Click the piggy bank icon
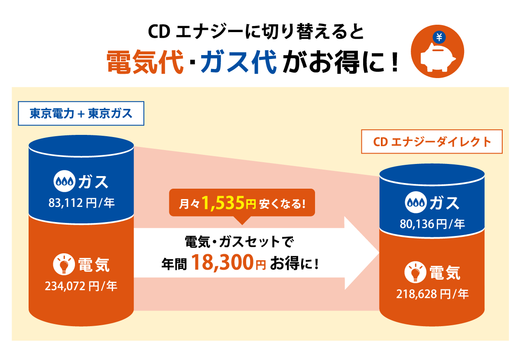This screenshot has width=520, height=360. point(438,57)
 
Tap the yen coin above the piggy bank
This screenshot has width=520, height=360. point(439,37)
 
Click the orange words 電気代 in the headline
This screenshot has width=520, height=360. point(145,62)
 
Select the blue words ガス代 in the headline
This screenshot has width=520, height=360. point(239,62)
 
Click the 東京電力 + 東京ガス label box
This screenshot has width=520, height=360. point(81,113)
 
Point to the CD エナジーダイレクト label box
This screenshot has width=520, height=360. point(432,141)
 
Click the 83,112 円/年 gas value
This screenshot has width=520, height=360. point(81,203)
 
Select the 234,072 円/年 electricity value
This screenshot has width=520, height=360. point(81,286)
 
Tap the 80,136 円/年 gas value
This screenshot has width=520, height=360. point(432,224)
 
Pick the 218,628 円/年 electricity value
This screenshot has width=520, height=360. point(432,294)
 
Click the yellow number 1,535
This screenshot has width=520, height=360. point(223,203)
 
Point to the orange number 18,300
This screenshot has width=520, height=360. point(222,262)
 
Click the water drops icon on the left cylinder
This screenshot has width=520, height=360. point(64,181)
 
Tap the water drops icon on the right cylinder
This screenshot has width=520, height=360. point(416,203)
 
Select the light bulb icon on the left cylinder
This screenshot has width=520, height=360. point(64,264)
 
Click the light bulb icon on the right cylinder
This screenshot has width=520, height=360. point(415,272)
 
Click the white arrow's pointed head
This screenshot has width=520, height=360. point(379,253)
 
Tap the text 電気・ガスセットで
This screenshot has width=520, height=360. point(239,242)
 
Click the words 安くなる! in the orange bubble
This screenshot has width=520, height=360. point(283,204)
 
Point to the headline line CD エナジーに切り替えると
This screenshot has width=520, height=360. point(256,31)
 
